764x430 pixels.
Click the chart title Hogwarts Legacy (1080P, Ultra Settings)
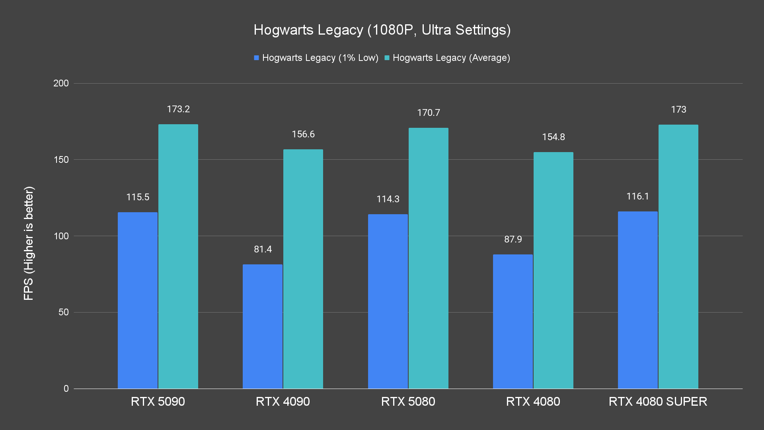click(x=382, y=30)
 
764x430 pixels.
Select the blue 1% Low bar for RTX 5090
click(x=138, y=300)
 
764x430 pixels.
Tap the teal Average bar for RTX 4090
click(x=303, y=269)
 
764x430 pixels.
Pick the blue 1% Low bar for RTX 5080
click(x=388, y=301)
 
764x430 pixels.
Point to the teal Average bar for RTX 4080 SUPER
click(x=678, y=256)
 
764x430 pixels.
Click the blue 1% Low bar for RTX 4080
click(x=513, y=321)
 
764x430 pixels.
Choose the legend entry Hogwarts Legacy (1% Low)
click(x=316, y=58)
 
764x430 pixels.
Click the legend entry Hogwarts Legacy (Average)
click(x=447, y=58)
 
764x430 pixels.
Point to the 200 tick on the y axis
click(x=61, y=83)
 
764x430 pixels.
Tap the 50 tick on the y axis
click(x=64, y=312)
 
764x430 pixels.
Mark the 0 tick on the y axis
click(x=66, y=389)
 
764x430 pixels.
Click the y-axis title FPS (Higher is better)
click(x=29, y=243)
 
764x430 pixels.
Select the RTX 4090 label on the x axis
click(x=283, y=401)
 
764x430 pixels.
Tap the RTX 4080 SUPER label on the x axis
click(x=658, y=401)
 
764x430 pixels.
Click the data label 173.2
click(x=178, y=109)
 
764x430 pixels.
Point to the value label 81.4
click(x=263, y=249)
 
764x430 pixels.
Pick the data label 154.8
click(x=553, y=137)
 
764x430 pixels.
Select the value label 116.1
click(x=637, y=196)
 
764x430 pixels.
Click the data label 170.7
click(x=428, y=113)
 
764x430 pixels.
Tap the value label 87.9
click(x=513, y=239)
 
